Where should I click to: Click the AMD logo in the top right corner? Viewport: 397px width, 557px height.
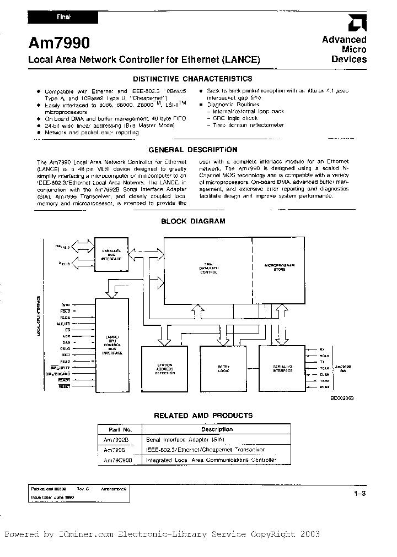tap(356, 23)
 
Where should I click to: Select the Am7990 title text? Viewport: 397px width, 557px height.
tap(54, 43)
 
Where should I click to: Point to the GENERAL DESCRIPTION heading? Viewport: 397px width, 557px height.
tap(193, 149)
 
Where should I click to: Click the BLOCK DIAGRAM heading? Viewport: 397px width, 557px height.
tap(193, 221)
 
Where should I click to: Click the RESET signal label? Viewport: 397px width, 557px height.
tap(65, 387)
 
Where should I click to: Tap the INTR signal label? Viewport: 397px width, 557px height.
tap(65, 304)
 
